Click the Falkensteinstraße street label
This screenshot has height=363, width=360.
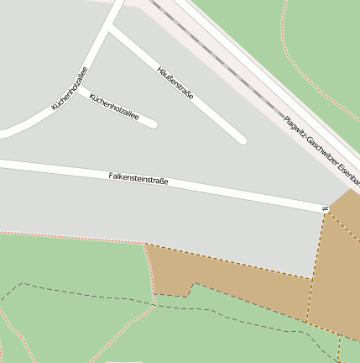tap(138, 178)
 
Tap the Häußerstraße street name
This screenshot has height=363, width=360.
tap(175, 83)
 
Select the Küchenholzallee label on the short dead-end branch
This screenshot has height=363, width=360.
tap(113, 107)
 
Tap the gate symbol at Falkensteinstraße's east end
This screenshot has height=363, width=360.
tap(325, 207)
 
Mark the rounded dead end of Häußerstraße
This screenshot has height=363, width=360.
tap(242, 139)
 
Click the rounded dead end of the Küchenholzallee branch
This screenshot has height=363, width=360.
tap(153, 124)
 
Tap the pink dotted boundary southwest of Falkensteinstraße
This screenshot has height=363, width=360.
tap(67, 236)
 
